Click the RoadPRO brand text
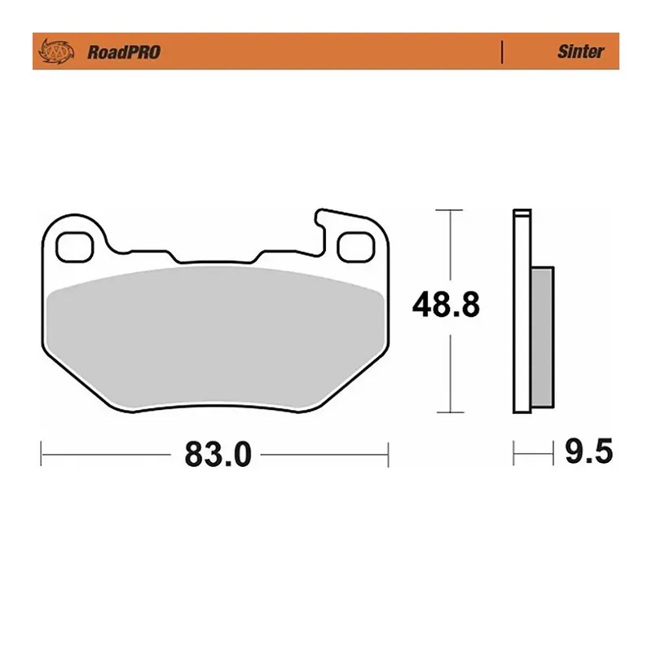(x=123, y=52)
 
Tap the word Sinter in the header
(x=580, y=52)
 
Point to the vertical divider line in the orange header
(x=502, y=51)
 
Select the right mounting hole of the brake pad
(x=355, y=246)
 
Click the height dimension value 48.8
(x=446, y=306)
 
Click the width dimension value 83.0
(x=218, y=455)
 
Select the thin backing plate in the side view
(x=518, y=310)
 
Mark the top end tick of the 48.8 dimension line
(x=444, y=210)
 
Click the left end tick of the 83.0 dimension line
(x=42, y=454)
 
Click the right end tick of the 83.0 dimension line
(x=389, y=454)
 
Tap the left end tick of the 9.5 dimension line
(x=513, y=452)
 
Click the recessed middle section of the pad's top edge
(x=216, y=262)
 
